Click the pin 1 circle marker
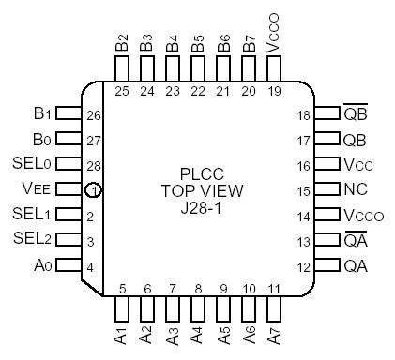pos(94,190)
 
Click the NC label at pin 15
pos(356,189)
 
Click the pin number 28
pos(92,165)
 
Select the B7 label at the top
pos(249,43)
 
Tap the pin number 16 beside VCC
pos(303,165)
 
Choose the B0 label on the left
pos(41,139)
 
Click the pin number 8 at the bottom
pos(198,290)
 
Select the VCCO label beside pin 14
pos(362,215)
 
